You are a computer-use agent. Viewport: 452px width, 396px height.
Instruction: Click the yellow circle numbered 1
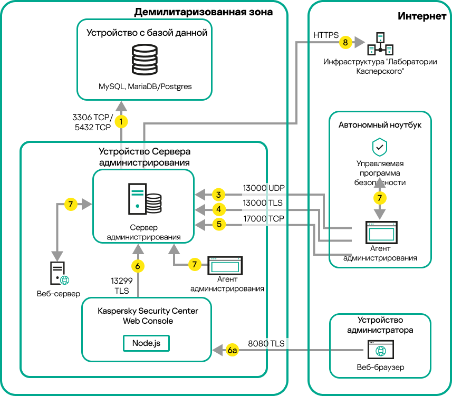tap(122, 121)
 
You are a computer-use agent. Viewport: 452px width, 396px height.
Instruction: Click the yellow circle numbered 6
tap(138, 266)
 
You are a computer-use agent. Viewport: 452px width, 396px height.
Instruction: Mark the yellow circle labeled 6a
tap(233, 350)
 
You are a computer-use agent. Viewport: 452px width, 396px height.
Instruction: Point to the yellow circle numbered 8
tap(345, 42)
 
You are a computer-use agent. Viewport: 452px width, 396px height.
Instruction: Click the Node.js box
tap(147, 343)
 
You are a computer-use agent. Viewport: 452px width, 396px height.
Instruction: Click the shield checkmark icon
tap(380, 146)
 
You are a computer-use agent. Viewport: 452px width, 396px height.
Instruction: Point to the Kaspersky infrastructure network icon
tap(380, 44)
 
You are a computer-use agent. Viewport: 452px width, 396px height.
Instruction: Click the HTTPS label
tap(326, 35)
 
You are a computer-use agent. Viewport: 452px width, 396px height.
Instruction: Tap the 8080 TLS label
tap(266, 343)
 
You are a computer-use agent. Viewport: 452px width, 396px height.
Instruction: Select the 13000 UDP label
tap(263, 188)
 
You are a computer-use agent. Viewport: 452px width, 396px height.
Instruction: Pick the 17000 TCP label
tap(263, 218)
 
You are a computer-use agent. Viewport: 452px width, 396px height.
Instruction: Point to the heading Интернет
tap(422, 16)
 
